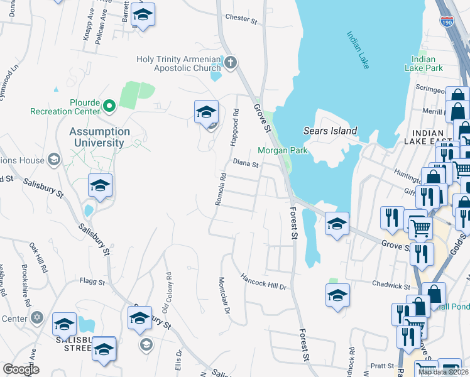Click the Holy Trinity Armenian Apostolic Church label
click(x=179, y=64)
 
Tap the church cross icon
click(x=231, y=62)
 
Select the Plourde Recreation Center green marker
click(x=109, y=106)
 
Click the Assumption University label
click(x=99, y=137)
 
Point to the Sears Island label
click(x=330, y=131)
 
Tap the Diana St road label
click(x=246, y=164)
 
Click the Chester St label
click(x=241, y=19)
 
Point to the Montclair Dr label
click(x=224, y=295)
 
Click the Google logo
click(x=21, y=369)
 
